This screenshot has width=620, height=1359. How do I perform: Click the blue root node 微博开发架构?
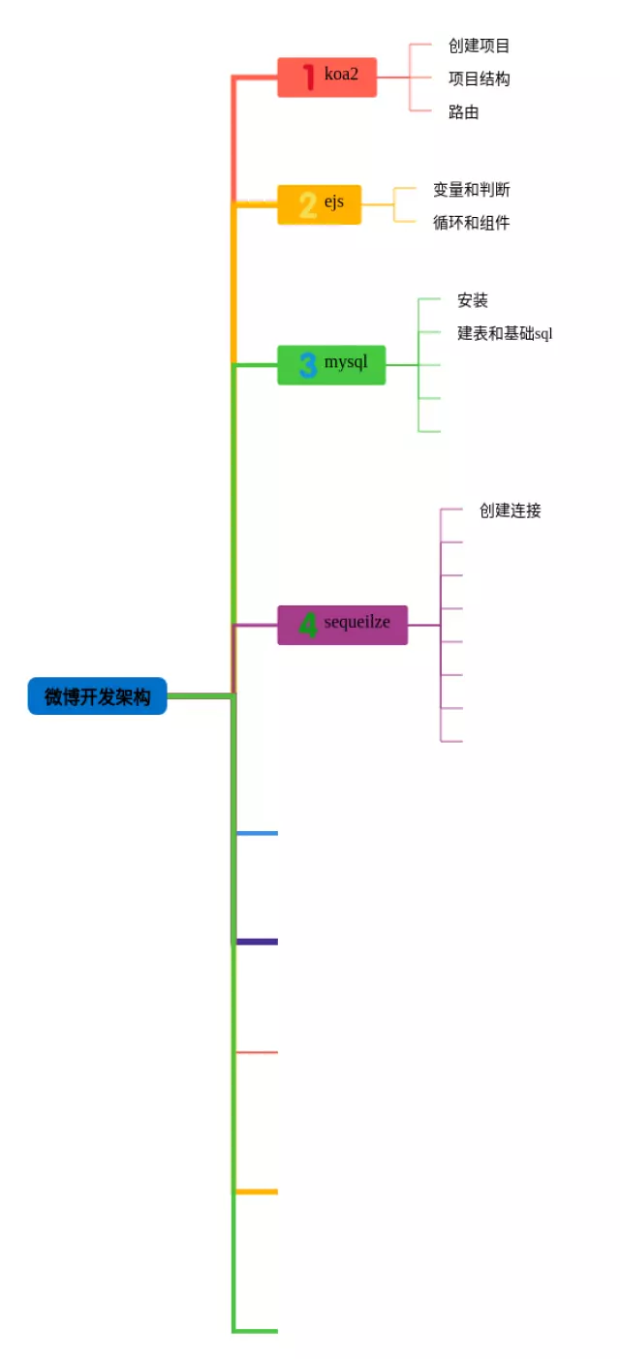click(97, 696)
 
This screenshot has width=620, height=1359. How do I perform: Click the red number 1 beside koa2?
click(308, 77)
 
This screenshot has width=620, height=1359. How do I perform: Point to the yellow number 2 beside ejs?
click(308, 205)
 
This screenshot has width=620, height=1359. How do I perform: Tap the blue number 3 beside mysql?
click(308, 365)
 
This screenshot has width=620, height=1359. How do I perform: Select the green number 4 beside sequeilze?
click(308, 626)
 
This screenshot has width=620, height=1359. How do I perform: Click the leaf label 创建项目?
click(479, 46)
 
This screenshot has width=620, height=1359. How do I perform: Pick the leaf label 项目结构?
click(479, 78)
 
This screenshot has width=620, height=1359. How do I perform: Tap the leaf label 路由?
click(463, 112)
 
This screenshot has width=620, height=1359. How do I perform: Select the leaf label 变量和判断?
click(471, 190)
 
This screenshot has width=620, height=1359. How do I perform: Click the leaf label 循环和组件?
click(471, 223)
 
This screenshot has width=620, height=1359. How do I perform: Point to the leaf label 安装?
click(472, 301)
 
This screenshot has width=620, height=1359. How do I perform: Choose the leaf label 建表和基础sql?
click(504, 334)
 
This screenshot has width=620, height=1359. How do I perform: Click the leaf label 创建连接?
click(510, 510)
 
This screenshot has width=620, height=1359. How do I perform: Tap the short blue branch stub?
click(257, 833)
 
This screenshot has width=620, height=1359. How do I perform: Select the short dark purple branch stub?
click(257, 942)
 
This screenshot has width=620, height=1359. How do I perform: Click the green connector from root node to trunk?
click(200, 695)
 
